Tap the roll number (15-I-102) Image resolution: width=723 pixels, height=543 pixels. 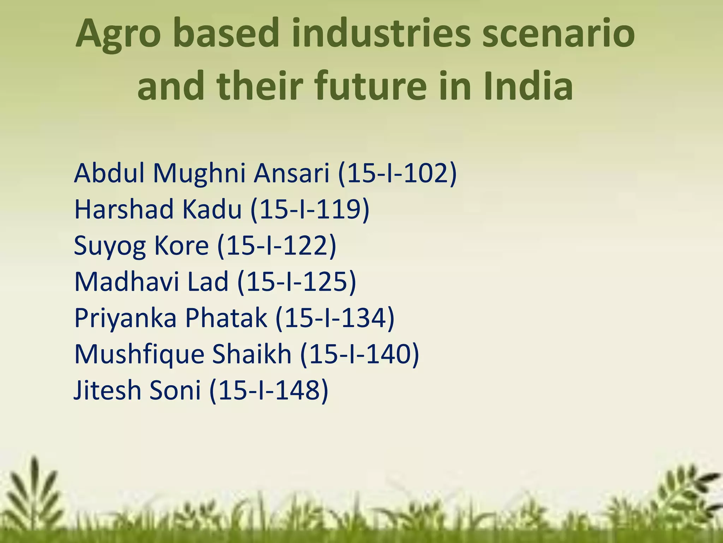[397, 174]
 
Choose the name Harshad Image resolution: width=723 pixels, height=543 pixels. [124, 209]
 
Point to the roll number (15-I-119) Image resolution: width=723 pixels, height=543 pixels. [310, 210]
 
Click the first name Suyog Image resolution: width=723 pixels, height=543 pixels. [109, 246]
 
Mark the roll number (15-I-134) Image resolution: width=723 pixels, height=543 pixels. [335, 318]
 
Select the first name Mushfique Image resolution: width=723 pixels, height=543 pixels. [139, 355]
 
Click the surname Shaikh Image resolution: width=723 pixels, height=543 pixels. [252, 354]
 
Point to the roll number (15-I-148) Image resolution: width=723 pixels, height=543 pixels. [269, 391]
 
